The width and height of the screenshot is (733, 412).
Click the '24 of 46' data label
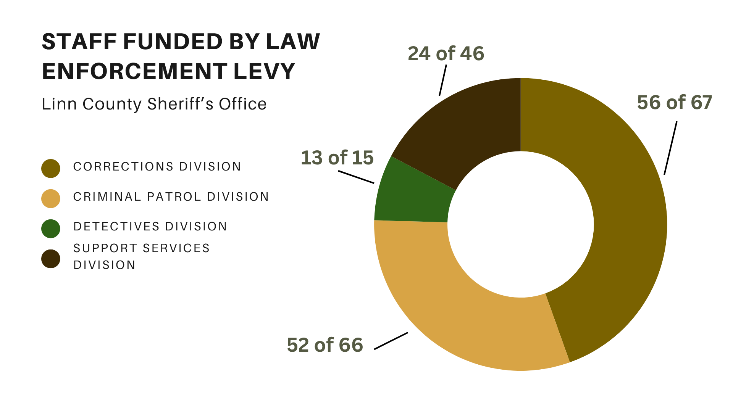(446, 53)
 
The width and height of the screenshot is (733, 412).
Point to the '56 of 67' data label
(675, 102)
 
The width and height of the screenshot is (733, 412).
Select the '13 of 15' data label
(337, 158)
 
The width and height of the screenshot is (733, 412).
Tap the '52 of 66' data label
(325, 345)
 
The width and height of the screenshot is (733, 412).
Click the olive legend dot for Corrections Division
(51, 169)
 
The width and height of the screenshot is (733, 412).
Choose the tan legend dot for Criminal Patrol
(51, 199)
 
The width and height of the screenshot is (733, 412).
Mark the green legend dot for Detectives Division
(51, 229)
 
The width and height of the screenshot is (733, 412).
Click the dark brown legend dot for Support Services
(51, 259)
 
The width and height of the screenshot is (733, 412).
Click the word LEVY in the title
(264, 71)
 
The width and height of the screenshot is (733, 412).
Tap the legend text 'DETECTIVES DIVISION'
(150, 227)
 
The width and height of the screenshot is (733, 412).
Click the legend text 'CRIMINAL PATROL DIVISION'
(171, 197)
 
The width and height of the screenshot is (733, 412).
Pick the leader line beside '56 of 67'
(670, 148)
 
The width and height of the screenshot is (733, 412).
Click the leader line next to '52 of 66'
(391, 341)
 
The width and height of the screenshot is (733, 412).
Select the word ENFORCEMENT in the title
(135, 71)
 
